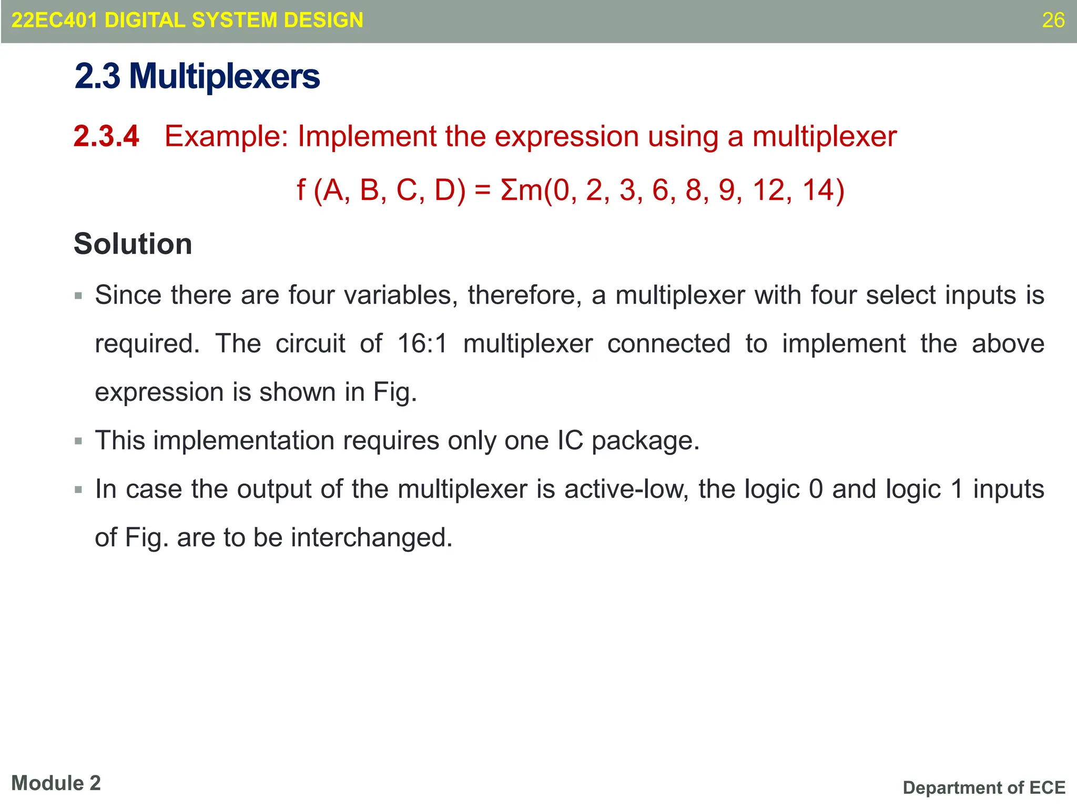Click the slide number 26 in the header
tap(1053, 21)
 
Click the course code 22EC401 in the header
tap(54, 21)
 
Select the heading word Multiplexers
tap(225, 77)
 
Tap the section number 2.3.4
tap(106, 136)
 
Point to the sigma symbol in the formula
tap(509, 190)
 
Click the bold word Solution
tap(133, 244)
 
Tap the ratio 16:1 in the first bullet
tap(422, 344)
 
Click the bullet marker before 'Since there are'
tap(79, 296)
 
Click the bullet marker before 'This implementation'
tap(79, 441)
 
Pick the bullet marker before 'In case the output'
tap(79, 490)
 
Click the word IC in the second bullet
tap(570, 441)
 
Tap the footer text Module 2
tap(56, 783)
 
